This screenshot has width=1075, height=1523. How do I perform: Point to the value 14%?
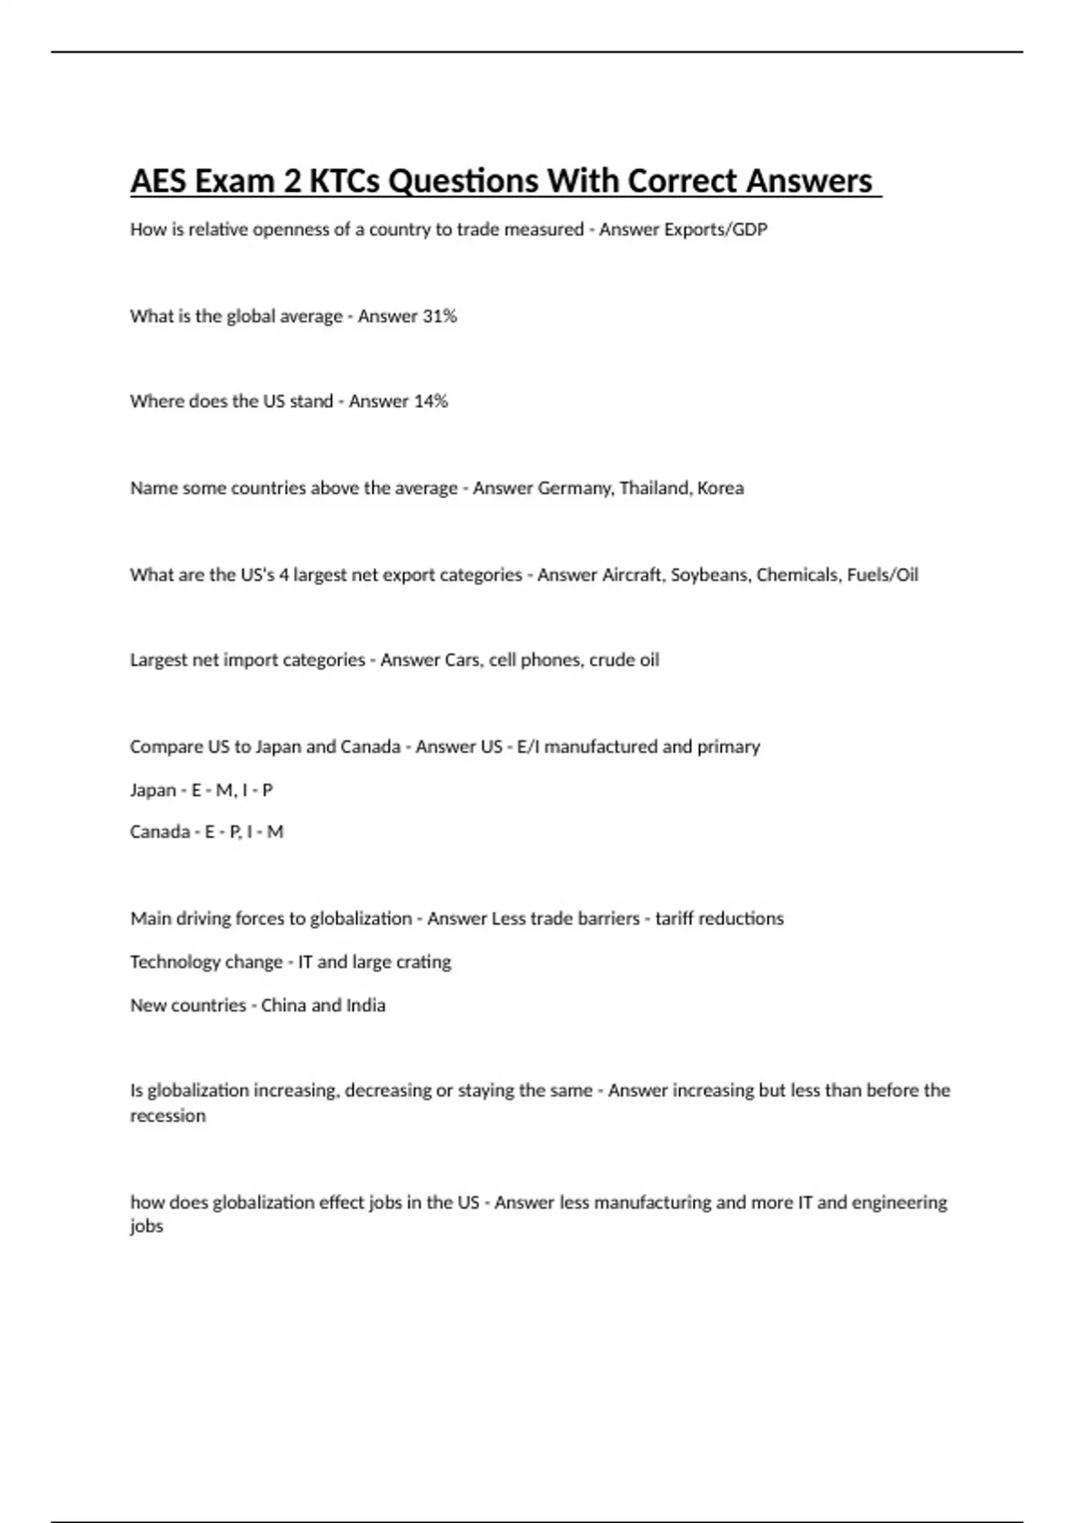(x=430, y=401)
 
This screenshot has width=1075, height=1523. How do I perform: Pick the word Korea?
(x=720, y=488)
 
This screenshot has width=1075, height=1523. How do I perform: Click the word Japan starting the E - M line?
(x=152, y=790)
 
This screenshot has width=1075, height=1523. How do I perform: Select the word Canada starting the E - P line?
(x=159, y=832)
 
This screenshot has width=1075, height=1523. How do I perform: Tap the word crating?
(x=424, y=962)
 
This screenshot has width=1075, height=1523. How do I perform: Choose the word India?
(x=366, y=1005)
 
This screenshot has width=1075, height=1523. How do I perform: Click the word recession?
(x=168, y=1116)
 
